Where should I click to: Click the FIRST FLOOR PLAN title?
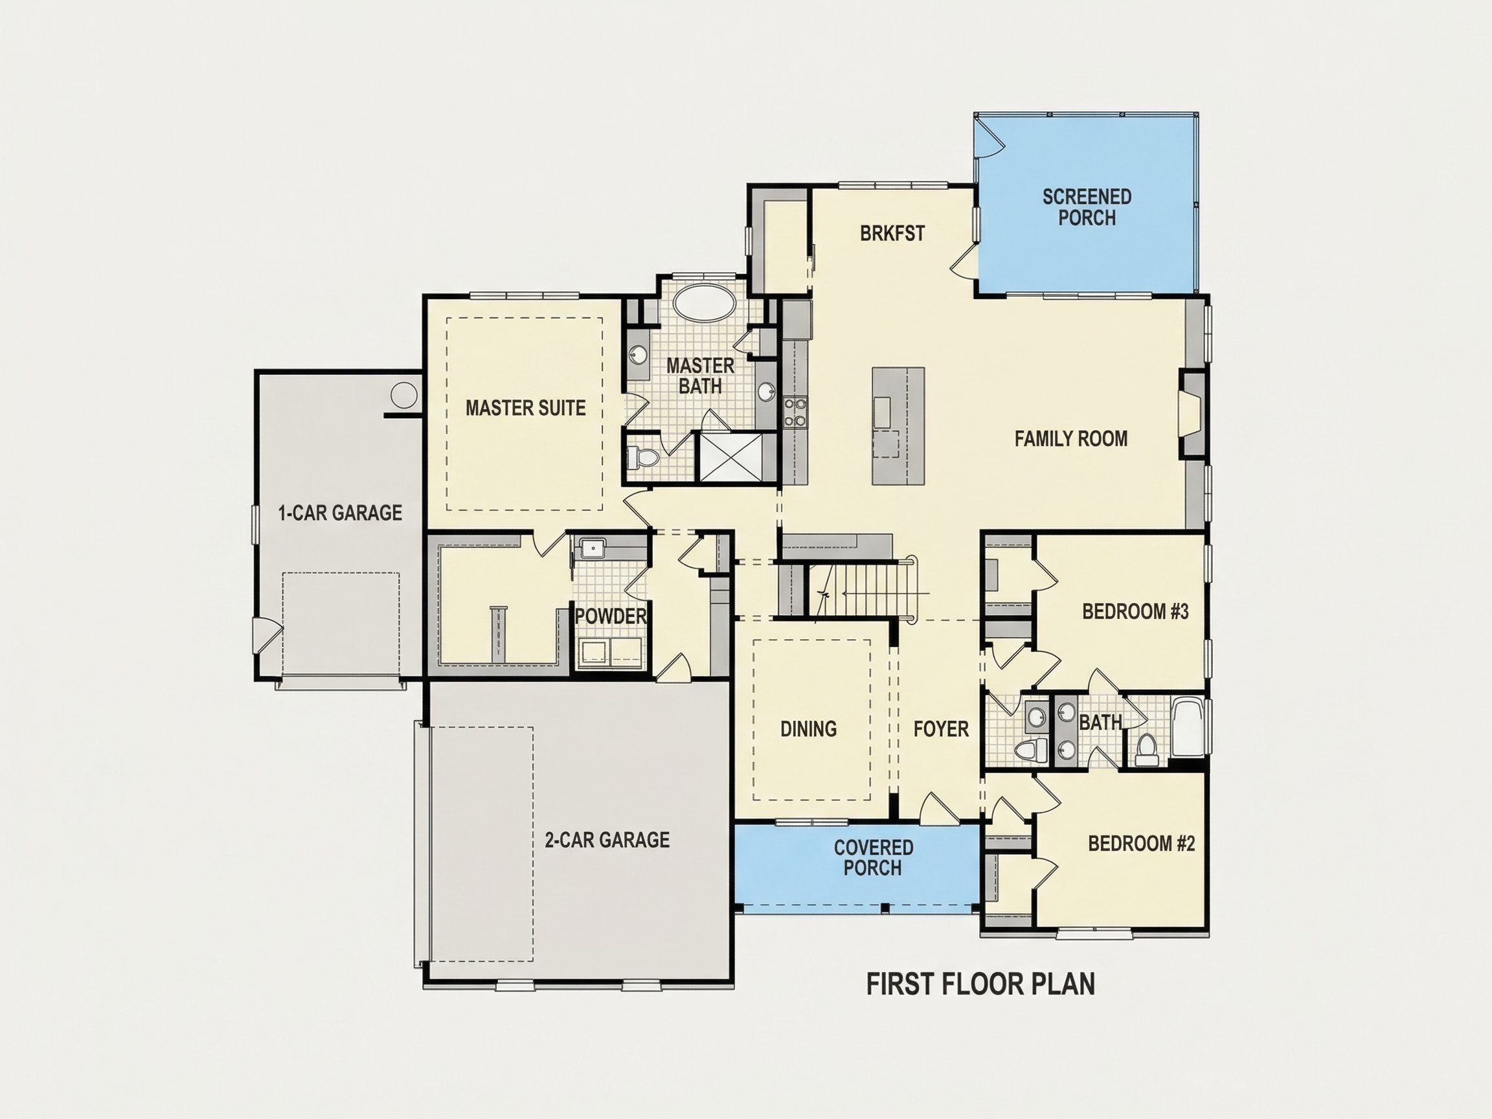click(980, 984)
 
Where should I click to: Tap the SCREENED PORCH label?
click(1087, 207)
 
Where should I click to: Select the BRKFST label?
click(892, 233)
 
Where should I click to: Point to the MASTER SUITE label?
click(525, 408)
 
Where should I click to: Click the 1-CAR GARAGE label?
click(340, 514)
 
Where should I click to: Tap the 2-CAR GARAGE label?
click(607, 840)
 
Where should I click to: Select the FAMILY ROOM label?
click(1071, 439)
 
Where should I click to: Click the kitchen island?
click(898, 425)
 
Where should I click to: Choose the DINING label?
click(808, 729)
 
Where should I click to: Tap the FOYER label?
click(941, 729)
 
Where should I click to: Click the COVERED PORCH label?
click(874, 857)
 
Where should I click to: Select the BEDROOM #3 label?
click(1135, 612)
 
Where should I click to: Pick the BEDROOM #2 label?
click(1141, 843)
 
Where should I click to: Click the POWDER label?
click(611, 616)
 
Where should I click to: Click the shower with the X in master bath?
click(731, 457)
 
